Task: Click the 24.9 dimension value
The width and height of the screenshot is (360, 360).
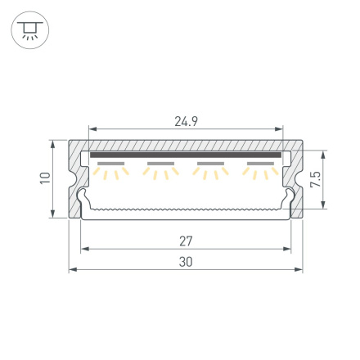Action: (186, 122)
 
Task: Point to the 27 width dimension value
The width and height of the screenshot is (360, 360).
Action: (186, 241)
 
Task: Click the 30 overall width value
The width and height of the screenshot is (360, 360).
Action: (186, 262)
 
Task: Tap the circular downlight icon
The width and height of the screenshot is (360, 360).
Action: (29, 31)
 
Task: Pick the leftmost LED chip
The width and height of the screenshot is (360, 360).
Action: (110, 164)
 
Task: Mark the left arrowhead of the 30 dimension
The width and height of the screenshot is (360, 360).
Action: (72, 268)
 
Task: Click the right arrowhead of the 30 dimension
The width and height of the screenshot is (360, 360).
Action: (299, 268)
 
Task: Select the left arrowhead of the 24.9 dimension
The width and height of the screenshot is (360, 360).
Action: (92, 129)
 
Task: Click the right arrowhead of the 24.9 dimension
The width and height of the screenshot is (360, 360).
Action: (280, 129)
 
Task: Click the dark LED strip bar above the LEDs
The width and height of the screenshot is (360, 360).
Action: (186, 154)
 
